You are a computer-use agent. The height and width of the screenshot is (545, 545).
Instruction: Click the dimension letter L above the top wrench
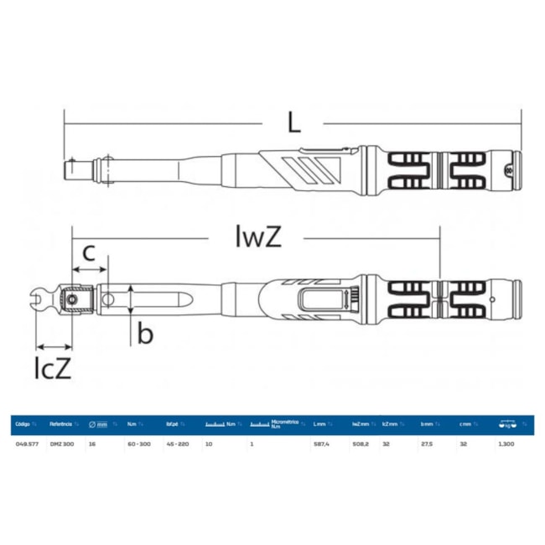coord(293,122)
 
